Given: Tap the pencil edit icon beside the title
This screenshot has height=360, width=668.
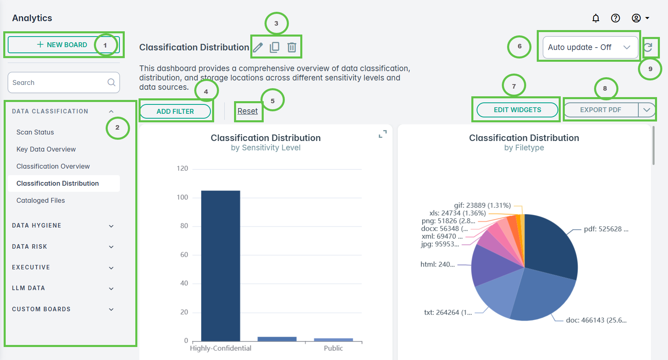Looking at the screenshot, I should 258,48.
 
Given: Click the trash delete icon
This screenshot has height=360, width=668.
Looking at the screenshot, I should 292,48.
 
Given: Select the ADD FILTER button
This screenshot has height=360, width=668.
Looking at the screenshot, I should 175,111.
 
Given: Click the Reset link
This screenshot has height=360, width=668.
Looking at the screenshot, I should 247,111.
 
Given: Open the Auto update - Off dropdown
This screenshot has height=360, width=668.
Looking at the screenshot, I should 590,47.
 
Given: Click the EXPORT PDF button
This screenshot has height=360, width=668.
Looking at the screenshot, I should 601,110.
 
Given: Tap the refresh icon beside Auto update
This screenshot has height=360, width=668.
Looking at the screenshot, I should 648,48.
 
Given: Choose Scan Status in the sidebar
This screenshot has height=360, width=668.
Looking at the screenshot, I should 35,132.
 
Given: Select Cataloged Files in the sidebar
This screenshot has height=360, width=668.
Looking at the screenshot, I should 41,200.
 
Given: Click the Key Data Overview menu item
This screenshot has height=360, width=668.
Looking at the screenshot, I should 46,149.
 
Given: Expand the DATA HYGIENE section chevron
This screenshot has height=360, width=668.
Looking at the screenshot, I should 111,226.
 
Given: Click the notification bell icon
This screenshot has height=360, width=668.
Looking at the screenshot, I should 596,18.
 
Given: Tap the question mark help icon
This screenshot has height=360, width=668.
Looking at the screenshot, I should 616,18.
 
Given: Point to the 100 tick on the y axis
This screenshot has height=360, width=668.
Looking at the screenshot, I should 182,197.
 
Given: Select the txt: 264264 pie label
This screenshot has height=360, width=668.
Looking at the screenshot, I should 448,312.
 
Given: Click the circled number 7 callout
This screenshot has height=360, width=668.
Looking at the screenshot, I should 514,86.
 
